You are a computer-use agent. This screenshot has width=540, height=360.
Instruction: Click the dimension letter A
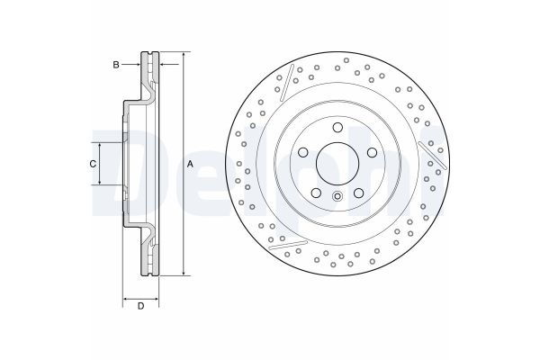pyautogui.click(x=190, y=164)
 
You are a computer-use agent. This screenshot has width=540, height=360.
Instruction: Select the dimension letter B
pyautogui.click(x=115, y=64)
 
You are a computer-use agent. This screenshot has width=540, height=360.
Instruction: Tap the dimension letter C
pyautogui.click(x=92, y=163)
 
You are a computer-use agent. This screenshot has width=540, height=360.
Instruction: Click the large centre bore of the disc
pyautogui.click(x=337, y=164)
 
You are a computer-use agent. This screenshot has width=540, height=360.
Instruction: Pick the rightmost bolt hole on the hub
pyautogui.click(x=373, y=152)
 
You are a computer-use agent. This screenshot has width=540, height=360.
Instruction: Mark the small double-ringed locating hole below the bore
pyautogui.click(x=337, y=198)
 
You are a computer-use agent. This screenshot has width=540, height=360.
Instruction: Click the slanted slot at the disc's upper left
pyautogui.click(x=285, y=83)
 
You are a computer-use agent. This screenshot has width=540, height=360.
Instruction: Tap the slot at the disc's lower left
pyautogui.click(x=290, y=243)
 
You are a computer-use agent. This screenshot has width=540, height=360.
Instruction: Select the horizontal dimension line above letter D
pyautogui.click(x=140, y=297)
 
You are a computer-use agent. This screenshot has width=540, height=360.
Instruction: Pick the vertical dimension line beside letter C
pyautogui.click(x=101, y=163)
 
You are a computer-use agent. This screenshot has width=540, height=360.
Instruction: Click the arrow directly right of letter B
pyautogui.click(x=134, y=64)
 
